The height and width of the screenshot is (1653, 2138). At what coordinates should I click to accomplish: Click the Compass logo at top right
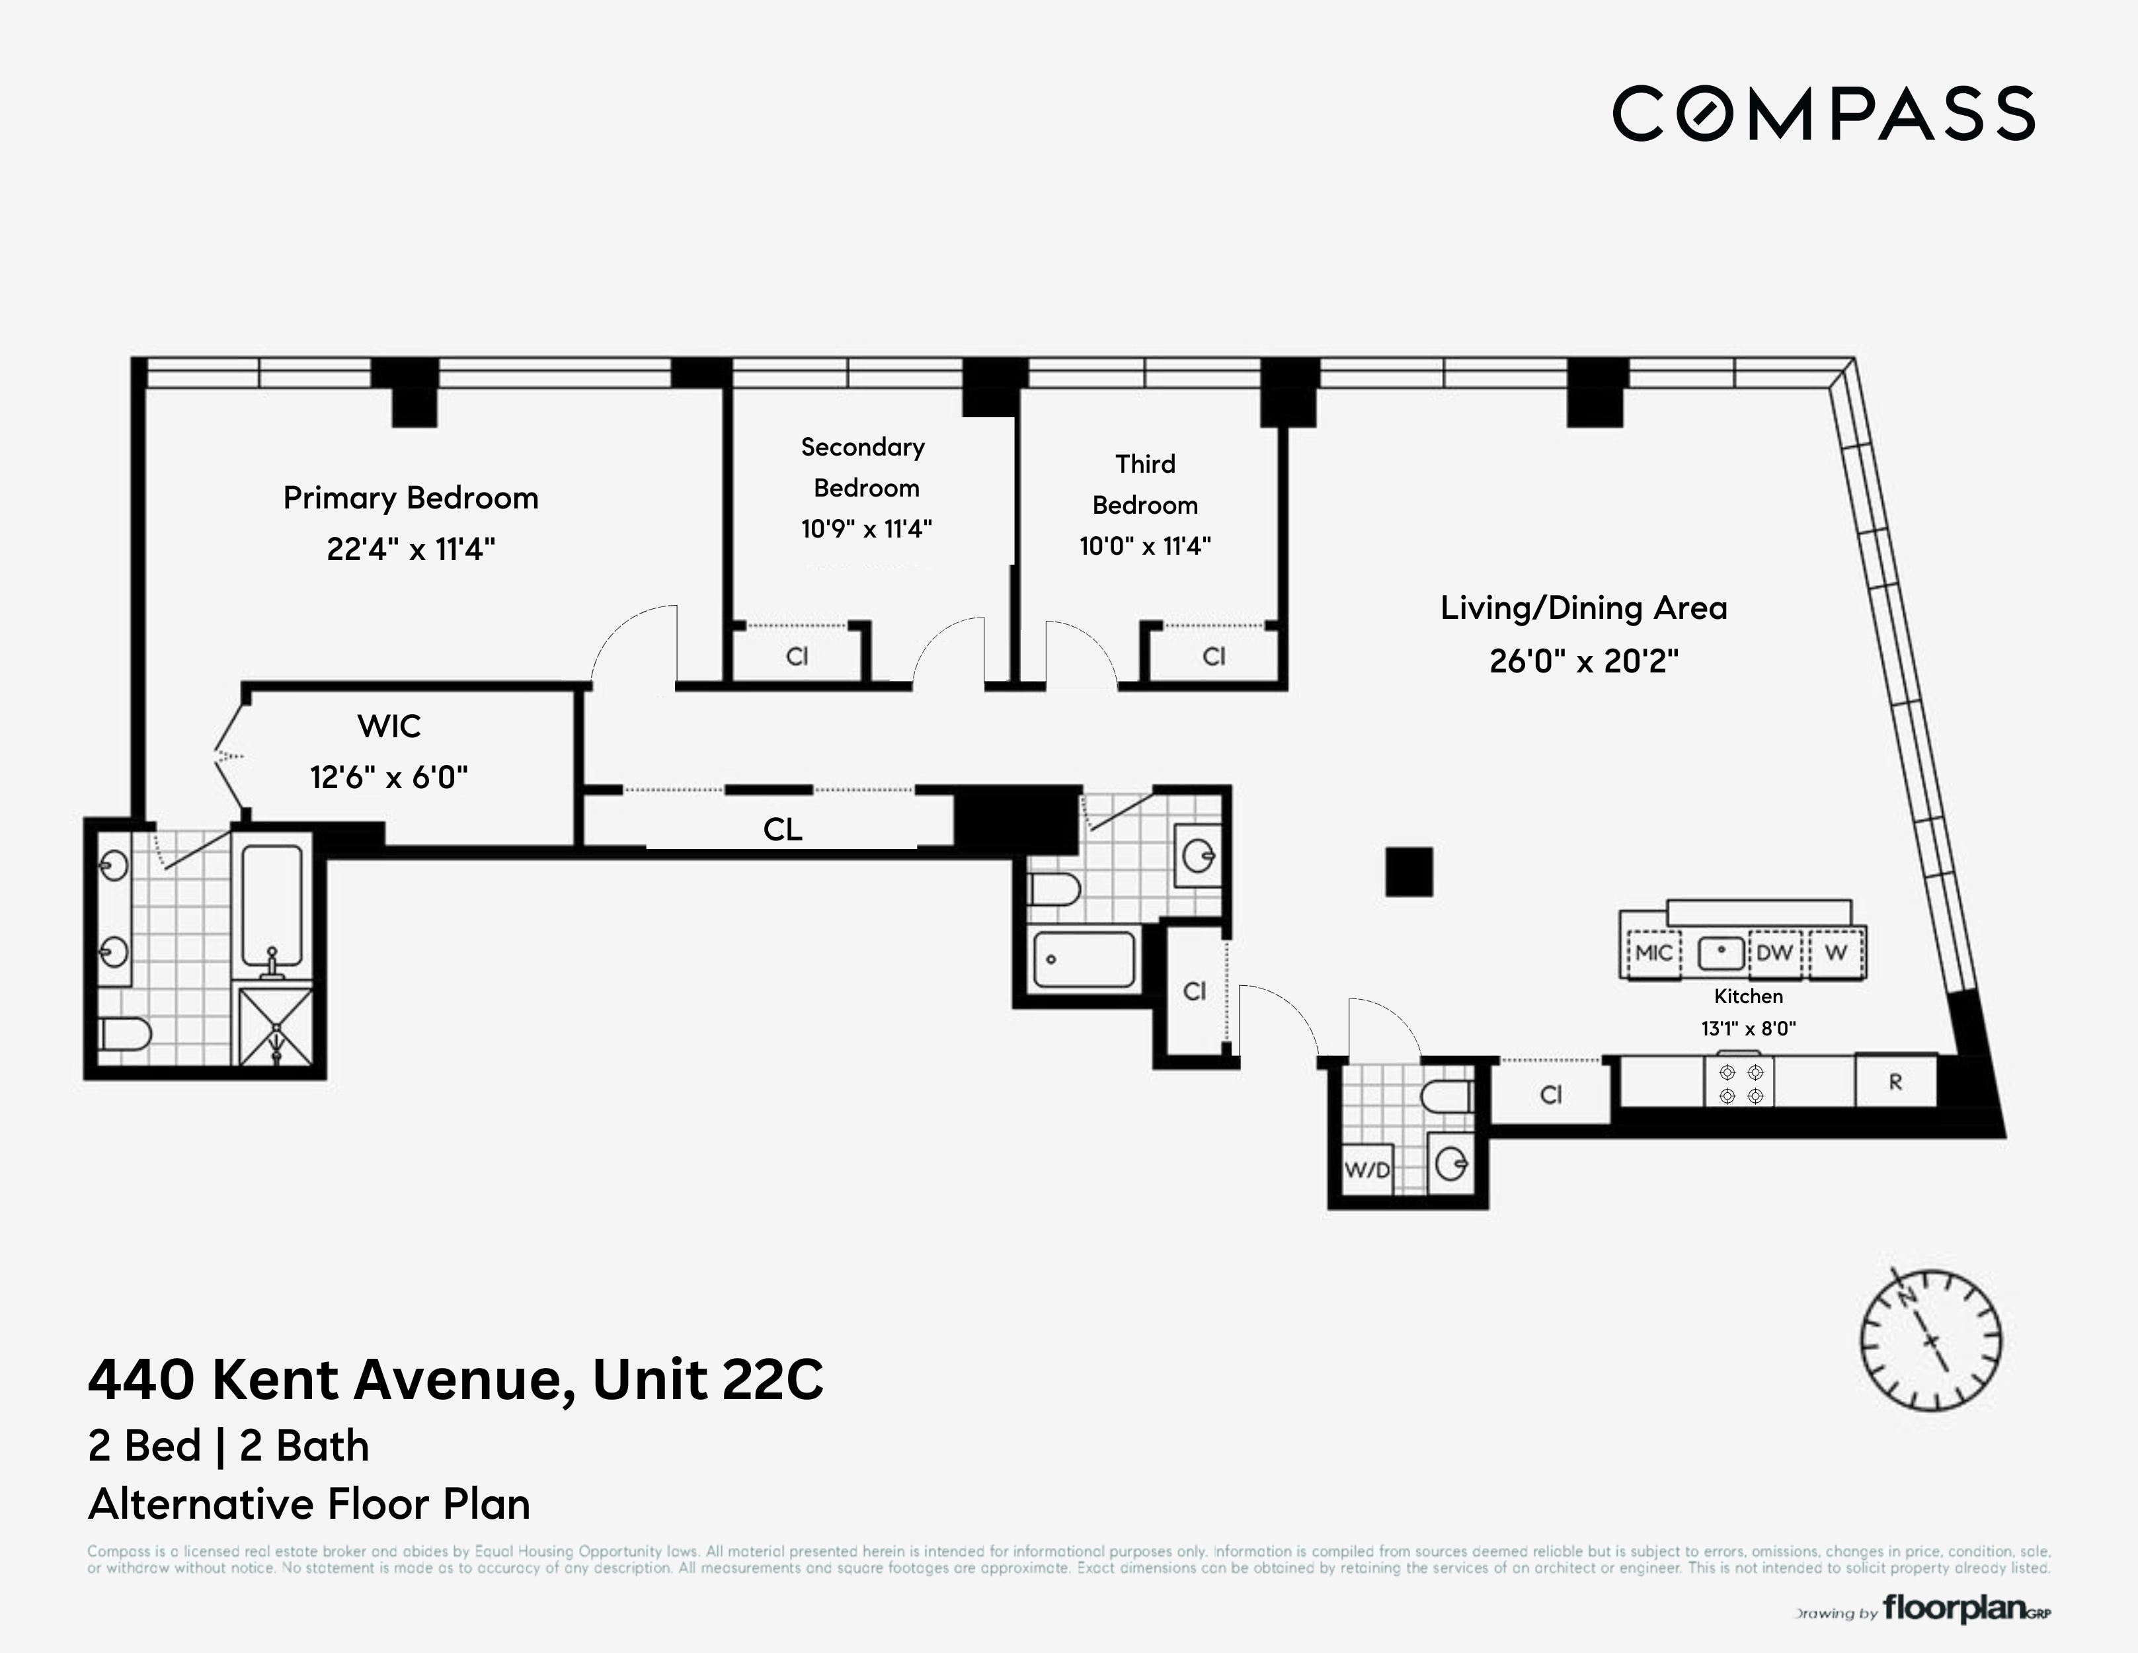click(x=1823, y=114)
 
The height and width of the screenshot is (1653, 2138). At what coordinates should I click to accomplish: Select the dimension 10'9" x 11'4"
click(x=866, y=529)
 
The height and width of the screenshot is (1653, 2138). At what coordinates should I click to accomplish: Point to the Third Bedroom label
click(x=1144, y=484)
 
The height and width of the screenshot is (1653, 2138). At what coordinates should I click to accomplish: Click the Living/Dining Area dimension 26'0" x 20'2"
click(x=1583, y=661)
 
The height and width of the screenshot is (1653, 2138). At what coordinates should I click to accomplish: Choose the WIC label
click(x=389, y=727)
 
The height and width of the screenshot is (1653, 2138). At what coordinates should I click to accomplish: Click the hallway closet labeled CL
click(x=782, y=829)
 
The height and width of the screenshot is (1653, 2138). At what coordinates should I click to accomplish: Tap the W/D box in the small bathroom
click(x=1366, y=1169)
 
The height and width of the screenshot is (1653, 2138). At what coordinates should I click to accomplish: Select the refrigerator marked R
click(x=1895, y=1082)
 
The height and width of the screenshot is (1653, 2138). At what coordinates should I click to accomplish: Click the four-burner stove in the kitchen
click(x=1739, y=1083)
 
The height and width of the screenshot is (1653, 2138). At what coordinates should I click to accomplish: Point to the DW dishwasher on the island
click(x=1774, y=953)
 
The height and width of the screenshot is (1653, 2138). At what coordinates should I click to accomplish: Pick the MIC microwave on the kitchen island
click(x=1653, y=953)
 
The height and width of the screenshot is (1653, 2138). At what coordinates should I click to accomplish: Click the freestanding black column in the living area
click(x=1409, y=871)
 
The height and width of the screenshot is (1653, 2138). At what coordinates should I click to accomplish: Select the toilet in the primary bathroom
click(x=126, y=1033)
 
